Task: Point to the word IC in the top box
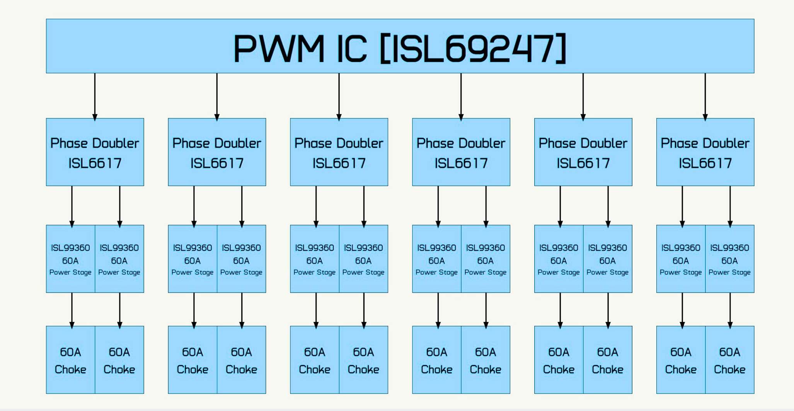tap(351, 49)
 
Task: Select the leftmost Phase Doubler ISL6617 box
tap(95, 152)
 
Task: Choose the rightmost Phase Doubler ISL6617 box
tap(705, 152)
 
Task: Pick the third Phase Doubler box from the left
tap(339, 152)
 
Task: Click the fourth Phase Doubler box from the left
tap(461, 152)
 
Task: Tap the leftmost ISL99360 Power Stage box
tap(70, 259)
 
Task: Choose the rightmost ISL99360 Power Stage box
tap(729, 259)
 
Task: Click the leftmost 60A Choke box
tap(70, 360)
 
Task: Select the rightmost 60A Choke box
tap(729, 360)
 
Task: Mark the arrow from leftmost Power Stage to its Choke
tap(72, 310)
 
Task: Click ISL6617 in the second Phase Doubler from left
tap(217, 163)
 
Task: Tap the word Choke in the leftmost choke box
tap(70, 370)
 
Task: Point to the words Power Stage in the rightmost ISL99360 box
tap(729, 272)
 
